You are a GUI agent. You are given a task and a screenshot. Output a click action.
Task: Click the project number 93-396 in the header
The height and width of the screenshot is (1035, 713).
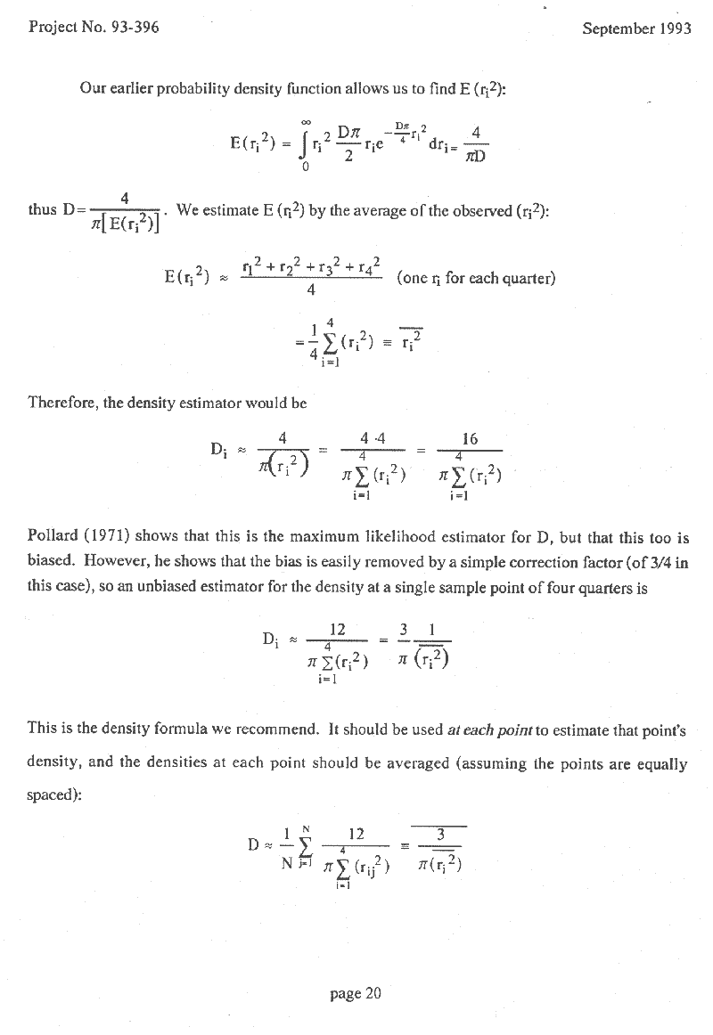[x=131, y=28]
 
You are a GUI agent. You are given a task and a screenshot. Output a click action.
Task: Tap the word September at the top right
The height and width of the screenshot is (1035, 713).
[x=615, y=28]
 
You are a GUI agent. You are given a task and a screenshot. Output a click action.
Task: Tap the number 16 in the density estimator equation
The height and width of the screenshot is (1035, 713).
[x=471, y=438]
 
